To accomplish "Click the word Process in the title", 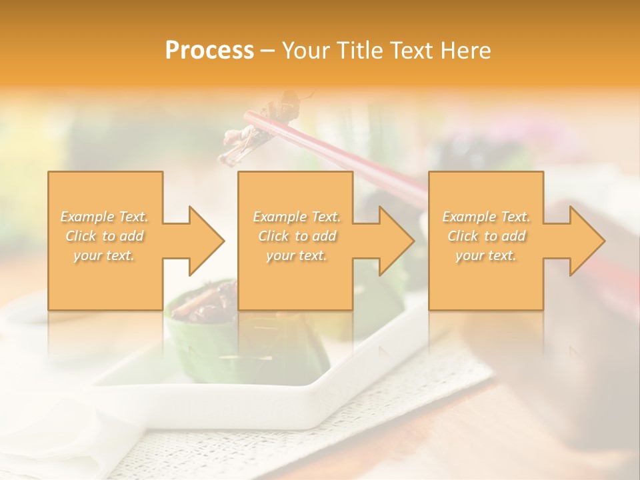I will (x=209, y=51).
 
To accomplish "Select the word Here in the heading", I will (x=466, y=51).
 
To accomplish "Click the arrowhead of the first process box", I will (x=203, y=241).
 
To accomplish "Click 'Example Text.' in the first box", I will (x=105, y=217).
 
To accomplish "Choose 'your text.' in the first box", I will (x=105, y=255).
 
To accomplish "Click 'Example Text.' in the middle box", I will (x=297, y=217).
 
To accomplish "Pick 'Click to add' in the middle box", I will (x=297, y=236).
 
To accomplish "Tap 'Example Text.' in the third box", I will (x=486, y=217).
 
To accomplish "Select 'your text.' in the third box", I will (x=486, y=255).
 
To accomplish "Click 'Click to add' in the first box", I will (x=105, y=236).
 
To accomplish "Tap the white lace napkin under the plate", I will (x=373, y=427).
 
